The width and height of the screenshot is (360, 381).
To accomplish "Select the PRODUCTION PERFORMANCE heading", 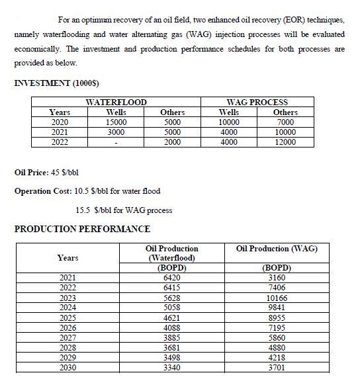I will pyautogui.click(x=82, y=229).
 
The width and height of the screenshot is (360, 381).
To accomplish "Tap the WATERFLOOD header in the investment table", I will pyautogui.click(x=116, y=103).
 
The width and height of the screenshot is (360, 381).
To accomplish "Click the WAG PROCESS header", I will pyautogui.click(x=257, y=103).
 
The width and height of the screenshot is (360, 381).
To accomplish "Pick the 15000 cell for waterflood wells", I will pyautogui.click(x=116, y=122).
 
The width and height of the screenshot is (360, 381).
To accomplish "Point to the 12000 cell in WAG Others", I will pyautogui.click(x=286, y=142).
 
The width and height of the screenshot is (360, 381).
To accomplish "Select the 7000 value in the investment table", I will pyautogui.click(x=286, y=122).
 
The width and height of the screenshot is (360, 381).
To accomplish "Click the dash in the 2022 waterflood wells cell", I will pyautogui.click(x=116, y=142).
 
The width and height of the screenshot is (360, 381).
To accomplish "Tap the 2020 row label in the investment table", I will pyautogui.click(x=60, y=122).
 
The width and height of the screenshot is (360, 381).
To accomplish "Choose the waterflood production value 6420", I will pyautogui.click(x=171, y=278).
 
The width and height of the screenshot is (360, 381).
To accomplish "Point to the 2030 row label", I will pyautogui.click(x=67, y=367).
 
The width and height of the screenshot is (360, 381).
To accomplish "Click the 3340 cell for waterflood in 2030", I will pyautogui.click(x=171, y=367).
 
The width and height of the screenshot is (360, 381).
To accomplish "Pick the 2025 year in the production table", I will pyautogui.click(x=67, y=317).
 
